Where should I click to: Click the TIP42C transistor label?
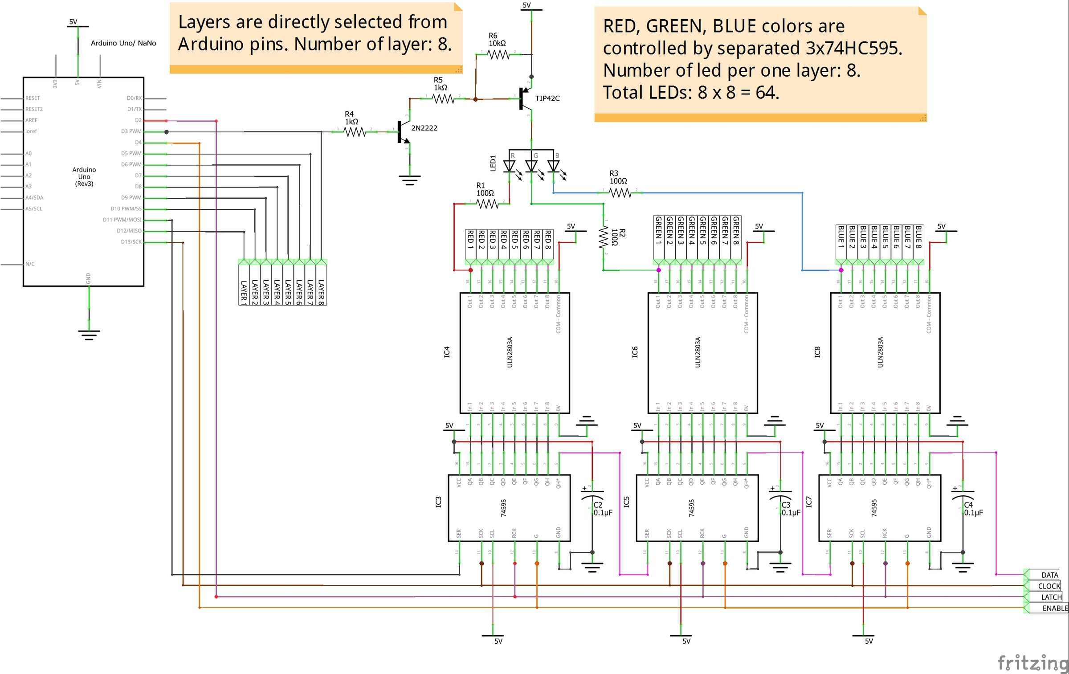point(547,98)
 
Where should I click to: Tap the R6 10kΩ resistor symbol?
point(498,54)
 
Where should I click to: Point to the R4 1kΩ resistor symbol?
point(355,132)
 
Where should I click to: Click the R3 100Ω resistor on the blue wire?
point(620,193)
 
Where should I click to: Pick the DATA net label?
point(1049,575)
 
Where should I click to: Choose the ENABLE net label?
point(1054,608)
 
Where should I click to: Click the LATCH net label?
point(1051,597)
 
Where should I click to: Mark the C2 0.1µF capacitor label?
point(603,509)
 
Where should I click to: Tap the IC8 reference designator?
point(817,352)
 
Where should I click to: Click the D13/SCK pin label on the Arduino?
point(131,242)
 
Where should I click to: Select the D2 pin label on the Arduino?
point(138,120)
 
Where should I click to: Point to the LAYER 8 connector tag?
point(321,290)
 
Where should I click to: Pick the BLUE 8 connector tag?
point(918,237)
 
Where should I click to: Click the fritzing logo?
point(1032,662)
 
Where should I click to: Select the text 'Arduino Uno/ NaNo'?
point(123,43)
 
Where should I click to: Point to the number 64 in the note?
point(767,93)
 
